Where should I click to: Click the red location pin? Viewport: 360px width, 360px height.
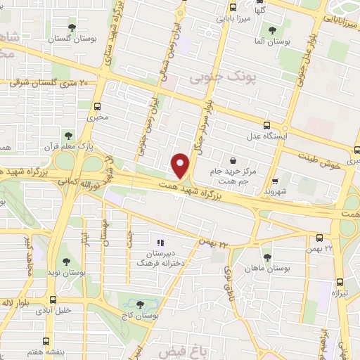pyautogui.click(x=181, y=166)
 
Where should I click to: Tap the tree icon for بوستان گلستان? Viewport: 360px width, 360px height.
pyautogui.click(x=72, y=27)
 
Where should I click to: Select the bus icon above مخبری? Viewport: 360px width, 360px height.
pyautogui.click(x=98, y=105)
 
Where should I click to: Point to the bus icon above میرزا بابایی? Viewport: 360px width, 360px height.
pyautogui.click(x=233, y=9)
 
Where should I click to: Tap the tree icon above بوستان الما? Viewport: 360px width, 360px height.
pyautogui.click(x=272, y=30)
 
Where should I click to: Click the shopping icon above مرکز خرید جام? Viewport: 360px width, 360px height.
pyautogui.click(x=233, y=160)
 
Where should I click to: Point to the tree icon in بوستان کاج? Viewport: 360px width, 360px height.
pyautogui.click(x=139, y=304)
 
